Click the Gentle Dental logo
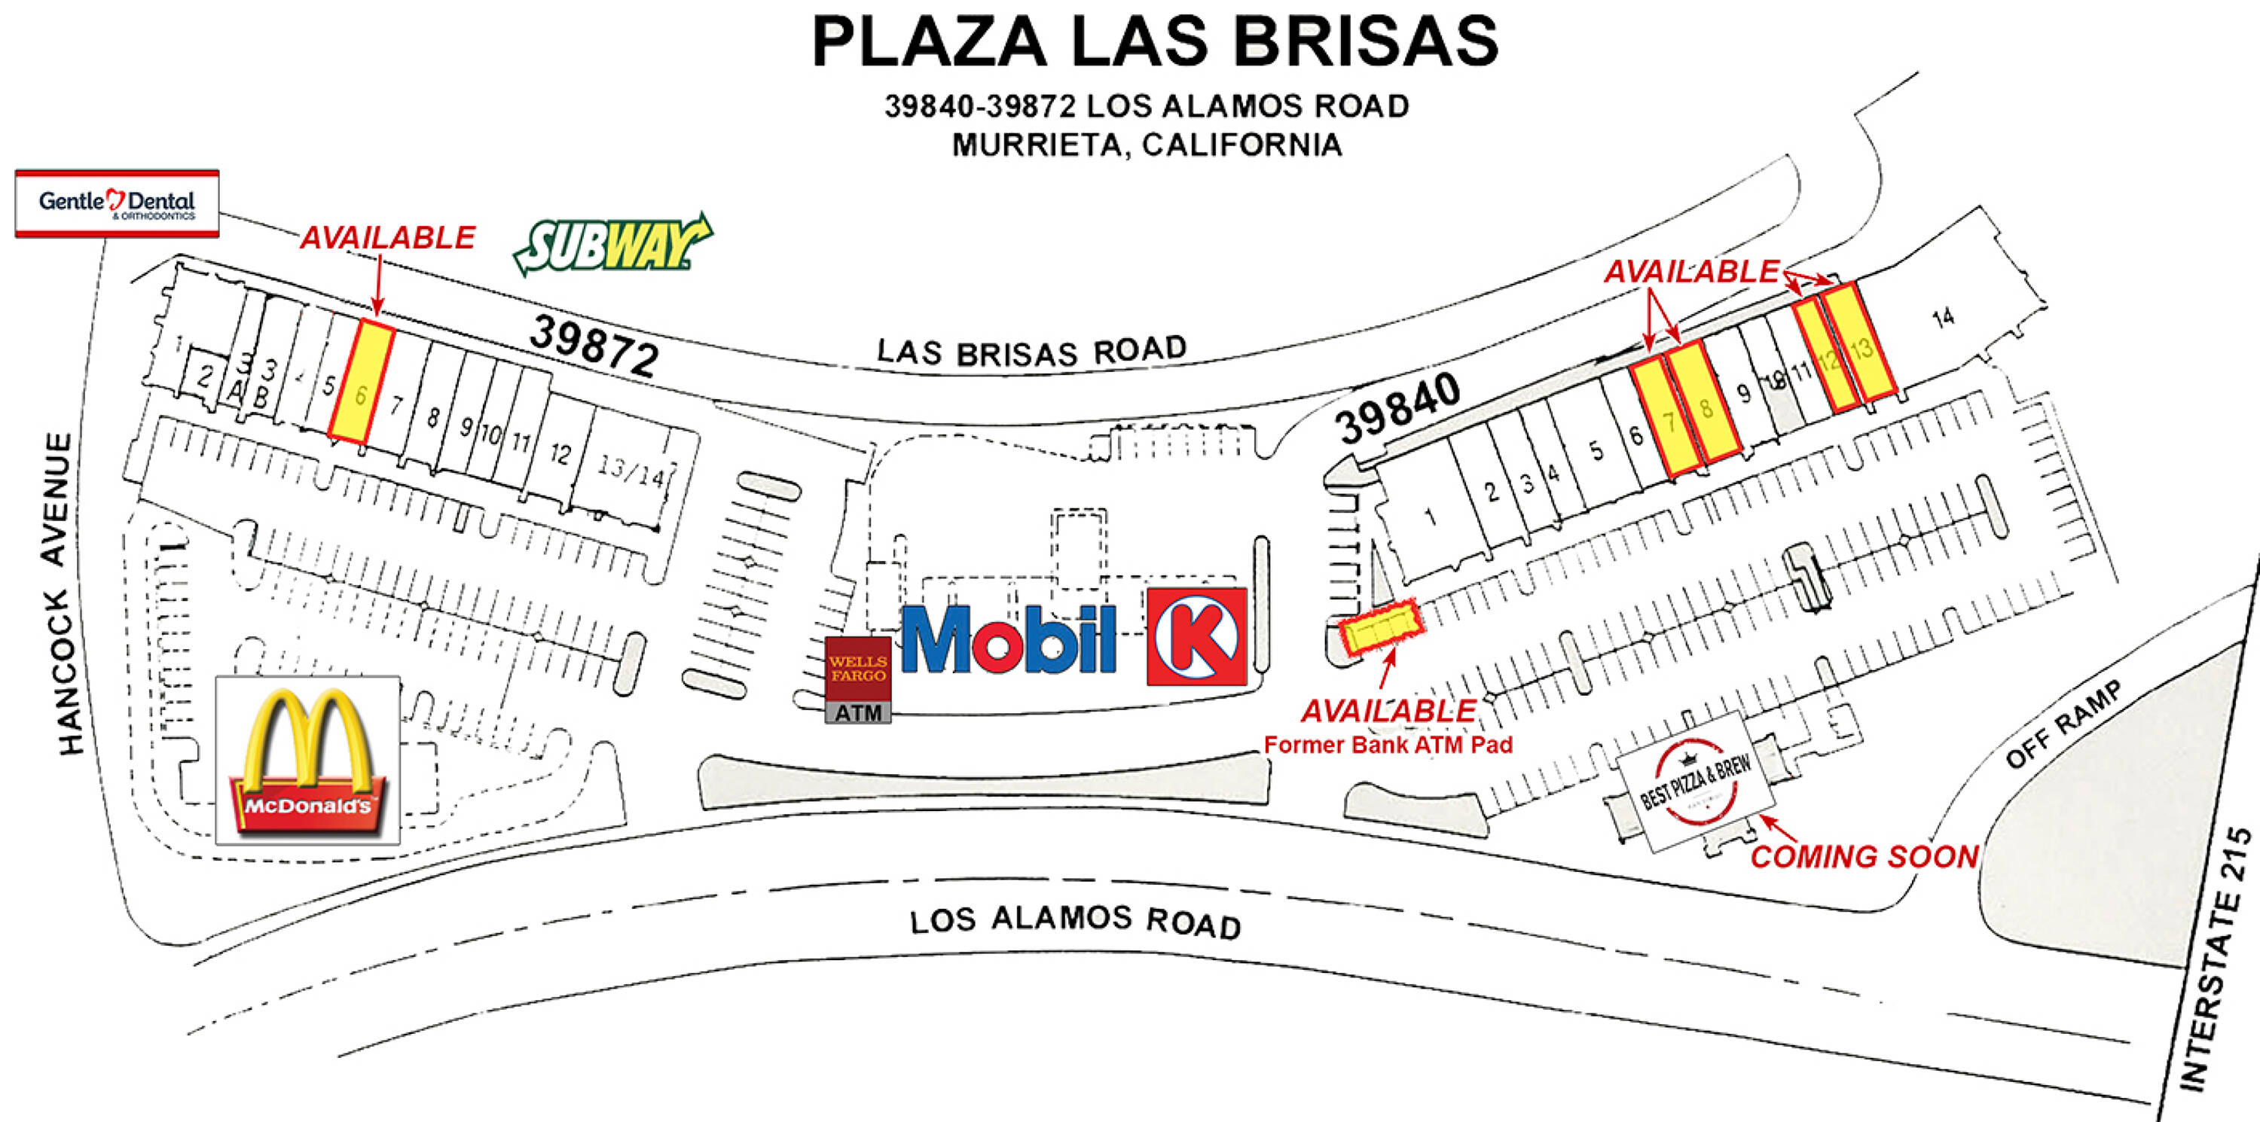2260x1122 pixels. (x=117, y=203)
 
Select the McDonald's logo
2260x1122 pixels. (x=307, y=761)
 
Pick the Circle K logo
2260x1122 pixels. (x=1197, y=636)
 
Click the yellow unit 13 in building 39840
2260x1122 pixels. (x=1859, y=342)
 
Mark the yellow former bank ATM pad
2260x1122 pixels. (x=1379, y=627)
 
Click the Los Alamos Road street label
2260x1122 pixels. (x=1075, y=921)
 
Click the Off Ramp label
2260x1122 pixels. (x=2063, y=724)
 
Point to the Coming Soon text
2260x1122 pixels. (x=1864, y=856)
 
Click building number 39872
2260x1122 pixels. (x=594, y=345)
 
